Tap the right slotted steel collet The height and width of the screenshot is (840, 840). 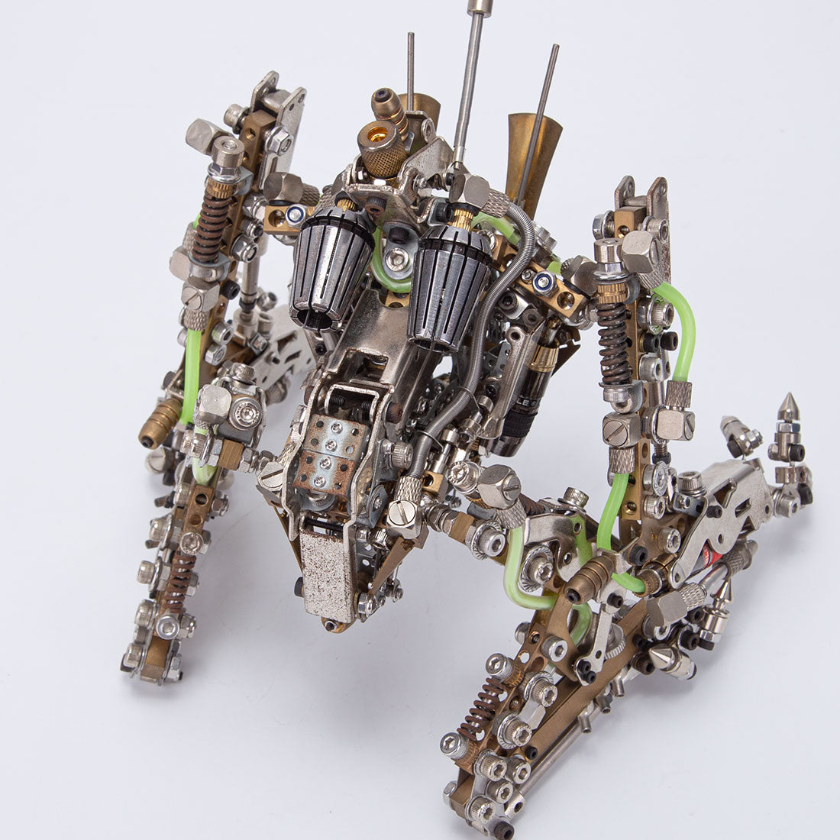(x=449, y=283)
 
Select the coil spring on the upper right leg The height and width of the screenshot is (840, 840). (x=615, y=344)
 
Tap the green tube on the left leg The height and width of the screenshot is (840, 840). (x=191, y=374)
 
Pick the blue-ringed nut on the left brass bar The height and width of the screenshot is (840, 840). (x=296, y=214)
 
